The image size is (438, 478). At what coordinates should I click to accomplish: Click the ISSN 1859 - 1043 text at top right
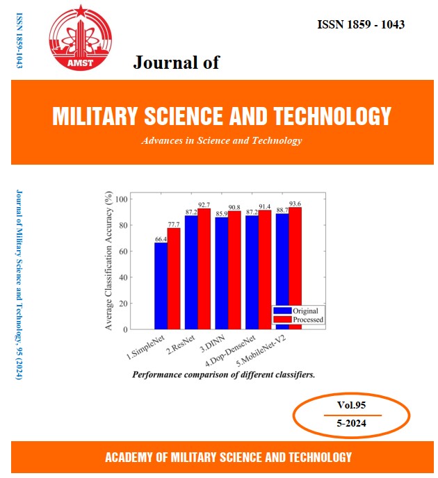361,25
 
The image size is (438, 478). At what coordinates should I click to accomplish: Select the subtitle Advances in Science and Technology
221,140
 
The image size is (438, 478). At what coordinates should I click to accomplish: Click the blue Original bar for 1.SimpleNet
161,285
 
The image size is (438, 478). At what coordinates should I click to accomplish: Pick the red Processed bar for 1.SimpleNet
173,278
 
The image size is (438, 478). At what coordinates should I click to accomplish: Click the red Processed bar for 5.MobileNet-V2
295,267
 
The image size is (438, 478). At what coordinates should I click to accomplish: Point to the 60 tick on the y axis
123,251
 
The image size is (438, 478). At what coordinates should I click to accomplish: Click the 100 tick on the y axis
122,199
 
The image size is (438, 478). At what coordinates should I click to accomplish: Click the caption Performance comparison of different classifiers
223,374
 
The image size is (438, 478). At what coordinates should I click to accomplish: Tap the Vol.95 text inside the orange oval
346,404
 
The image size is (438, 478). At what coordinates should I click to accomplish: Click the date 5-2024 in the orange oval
346,423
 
